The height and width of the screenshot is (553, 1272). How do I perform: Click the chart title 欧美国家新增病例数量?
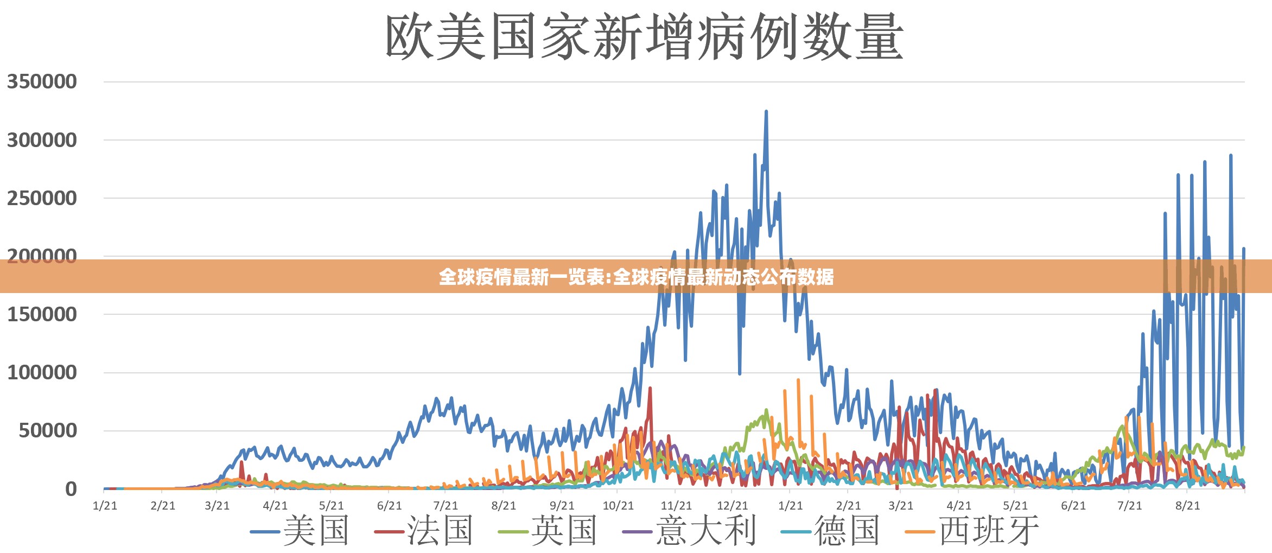tap(644, 37)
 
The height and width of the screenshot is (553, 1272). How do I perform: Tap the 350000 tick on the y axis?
tap(42, 82)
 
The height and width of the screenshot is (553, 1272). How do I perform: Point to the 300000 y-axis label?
tap(42, 141)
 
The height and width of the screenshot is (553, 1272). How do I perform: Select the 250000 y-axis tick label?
tap(42, 199)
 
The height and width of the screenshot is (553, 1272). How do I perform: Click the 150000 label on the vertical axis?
tap(42, 315)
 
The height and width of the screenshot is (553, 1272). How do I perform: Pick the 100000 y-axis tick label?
tap(42, 373)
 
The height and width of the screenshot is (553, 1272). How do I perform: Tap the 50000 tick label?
tap(48, 431)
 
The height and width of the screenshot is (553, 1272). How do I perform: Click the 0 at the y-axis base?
tap(71, 490)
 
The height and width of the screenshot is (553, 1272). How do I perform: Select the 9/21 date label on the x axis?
tap(561, 506)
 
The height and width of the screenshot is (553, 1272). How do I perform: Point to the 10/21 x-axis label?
tap(618, 506)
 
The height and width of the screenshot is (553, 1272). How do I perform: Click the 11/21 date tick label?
tap(676, 506)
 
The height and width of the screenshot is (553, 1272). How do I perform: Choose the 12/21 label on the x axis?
tap(733, 506)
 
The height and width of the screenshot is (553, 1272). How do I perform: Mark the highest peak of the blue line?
tap(766, 112)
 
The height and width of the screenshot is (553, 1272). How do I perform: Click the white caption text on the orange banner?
tap(636, 277)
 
